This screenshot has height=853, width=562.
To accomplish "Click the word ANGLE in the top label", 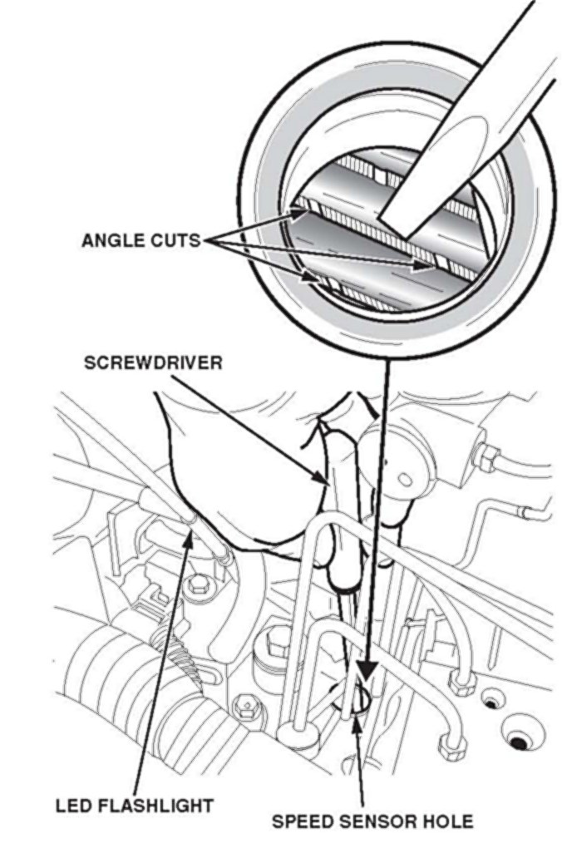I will point(111,240).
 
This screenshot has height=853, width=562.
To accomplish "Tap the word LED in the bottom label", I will point(71,806).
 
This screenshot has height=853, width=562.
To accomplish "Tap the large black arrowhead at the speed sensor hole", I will point(365,672).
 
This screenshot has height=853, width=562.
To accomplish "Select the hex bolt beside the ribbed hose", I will point(244,709).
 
